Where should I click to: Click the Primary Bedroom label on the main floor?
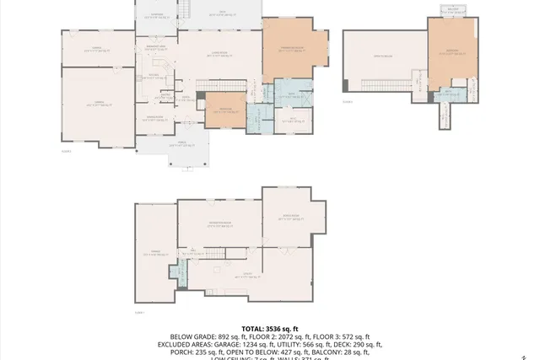pos(291,48)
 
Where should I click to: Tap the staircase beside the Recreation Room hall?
pos(218,255)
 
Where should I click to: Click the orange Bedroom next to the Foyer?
pos(220,110)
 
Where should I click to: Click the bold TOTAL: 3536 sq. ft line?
pos(270,328)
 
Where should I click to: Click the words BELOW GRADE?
pos(193,336)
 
